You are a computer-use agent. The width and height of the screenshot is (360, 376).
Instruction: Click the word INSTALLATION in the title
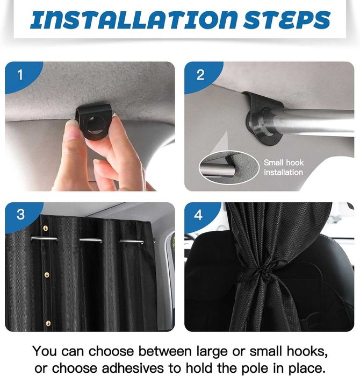point(134,19)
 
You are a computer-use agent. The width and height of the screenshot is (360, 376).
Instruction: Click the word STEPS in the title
point(287,19)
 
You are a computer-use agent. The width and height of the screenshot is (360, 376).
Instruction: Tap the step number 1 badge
point(20,75)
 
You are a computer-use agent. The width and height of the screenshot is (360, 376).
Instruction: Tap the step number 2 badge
point(200,75)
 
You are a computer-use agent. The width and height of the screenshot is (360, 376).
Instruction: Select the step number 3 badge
point(20,214)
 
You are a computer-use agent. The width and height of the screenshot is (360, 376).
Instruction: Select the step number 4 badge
point(198,215)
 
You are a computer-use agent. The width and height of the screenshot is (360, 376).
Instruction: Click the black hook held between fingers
point(94,119)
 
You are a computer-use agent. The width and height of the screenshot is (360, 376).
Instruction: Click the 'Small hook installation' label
point(284,167)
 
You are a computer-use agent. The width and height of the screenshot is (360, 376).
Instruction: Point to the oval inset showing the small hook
point(229,167)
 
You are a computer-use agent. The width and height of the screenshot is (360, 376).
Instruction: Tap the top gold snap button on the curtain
point(46,228)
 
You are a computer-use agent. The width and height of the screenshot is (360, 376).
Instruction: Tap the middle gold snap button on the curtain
point(47,274)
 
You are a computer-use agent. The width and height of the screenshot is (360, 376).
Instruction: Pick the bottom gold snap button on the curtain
point(48,323)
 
